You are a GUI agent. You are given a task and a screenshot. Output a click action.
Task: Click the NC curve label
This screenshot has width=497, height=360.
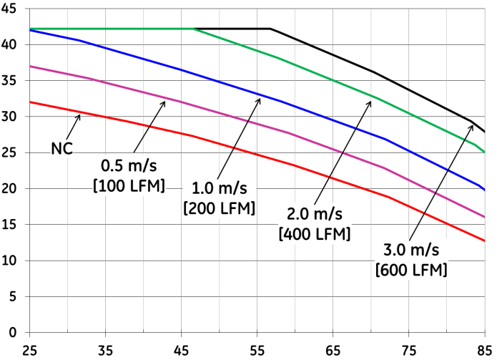coord(62,149)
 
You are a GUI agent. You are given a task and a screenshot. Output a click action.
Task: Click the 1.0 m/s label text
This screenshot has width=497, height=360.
coord(220,189)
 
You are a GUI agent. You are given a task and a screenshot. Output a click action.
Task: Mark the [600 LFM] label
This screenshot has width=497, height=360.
coord(410,270)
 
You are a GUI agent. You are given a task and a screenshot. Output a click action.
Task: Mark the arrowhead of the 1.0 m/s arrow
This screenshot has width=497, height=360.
coord(260,99)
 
